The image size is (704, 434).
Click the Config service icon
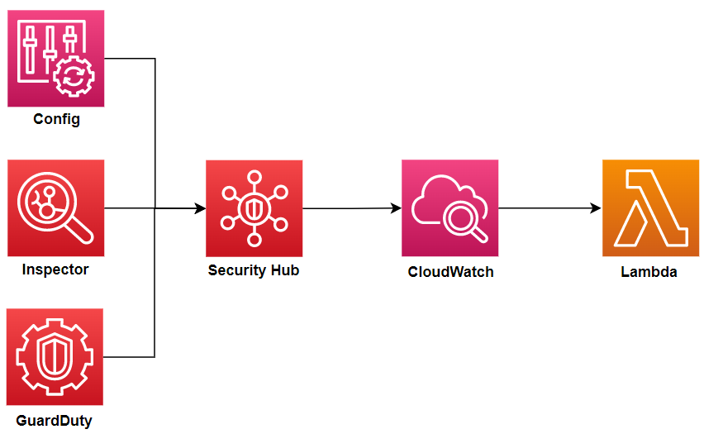coord(56,58)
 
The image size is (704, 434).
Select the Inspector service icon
coord(56,208)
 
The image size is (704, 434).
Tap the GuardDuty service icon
coord(56,357)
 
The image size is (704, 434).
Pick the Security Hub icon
coord(254,208)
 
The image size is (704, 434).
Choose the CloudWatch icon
coord(450,208)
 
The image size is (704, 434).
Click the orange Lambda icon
coord(650,208)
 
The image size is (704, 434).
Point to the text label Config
coord(56,119)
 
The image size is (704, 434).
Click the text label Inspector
coord(55,269)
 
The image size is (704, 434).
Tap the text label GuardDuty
coord(55,421)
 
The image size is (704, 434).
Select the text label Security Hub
coord(254,270)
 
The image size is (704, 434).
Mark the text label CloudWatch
coord(450,271)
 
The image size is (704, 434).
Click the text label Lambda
coord(649,271)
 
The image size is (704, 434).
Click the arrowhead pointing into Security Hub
coord(200,208)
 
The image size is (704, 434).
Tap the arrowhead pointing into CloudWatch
coord(396,208)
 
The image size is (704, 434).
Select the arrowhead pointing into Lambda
coord(596,208)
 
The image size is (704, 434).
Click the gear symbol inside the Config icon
coord(74,79)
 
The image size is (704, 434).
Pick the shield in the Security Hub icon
coord(254,208)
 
